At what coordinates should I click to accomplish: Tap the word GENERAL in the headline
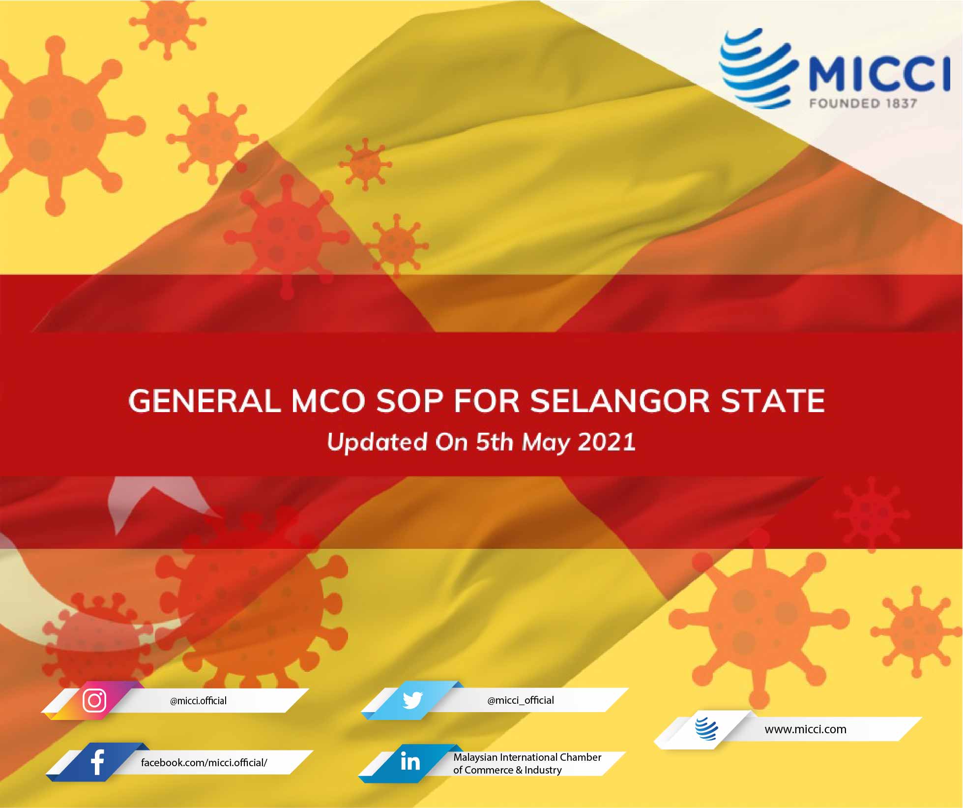click(x=204, y=401)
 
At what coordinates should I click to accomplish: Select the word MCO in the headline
click(x=328, y=401)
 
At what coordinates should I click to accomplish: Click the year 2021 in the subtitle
click(x=607, y=442)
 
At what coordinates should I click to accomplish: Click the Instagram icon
click(x=94, y=700)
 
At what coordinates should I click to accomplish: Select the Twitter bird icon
click(x=412, y=700)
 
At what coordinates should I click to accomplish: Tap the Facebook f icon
click(x=98, y=762)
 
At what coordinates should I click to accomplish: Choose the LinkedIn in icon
click(x=410, y=762)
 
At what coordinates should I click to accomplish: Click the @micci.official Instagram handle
click(x=198, y=701)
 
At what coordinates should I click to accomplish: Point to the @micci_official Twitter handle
click(x=521, y=700)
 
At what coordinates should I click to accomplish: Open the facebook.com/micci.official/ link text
click(x=204, y=763)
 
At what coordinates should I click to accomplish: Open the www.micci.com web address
click(x=805, y=729)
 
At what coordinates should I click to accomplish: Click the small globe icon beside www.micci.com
click(x=706, y=729)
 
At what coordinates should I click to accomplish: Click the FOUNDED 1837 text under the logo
click(x=863, y=103)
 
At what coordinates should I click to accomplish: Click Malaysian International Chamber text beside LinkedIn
click(x=527, y=757)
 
